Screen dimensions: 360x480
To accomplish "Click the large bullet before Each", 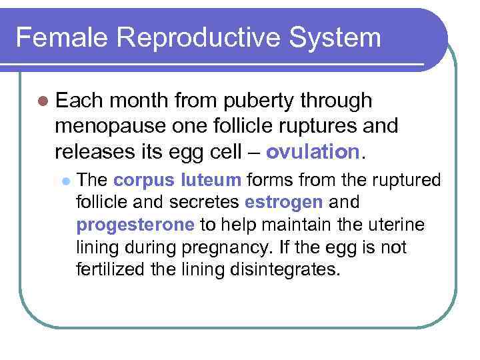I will pos(43,101).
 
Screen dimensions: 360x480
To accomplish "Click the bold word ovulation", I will pos(313,151).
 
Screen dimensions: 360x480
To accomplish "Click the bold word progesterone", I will pos(135,225).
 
